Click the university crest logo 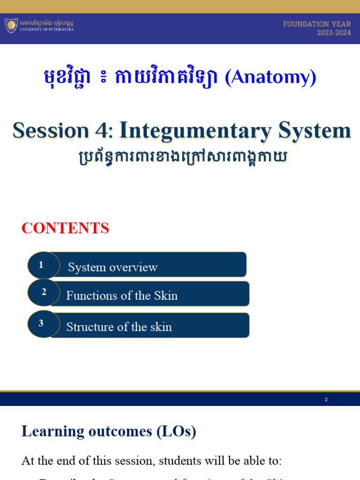click(x=11, y=25)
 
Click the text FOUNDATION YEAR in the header click(x=317, y=24)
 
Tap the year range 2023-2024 click(x=334, y=33)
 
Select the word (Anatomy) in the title click(x=270, y=77)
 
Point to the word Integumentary click(x=195, y=130)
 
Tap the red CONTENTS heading click(x=65, y=228)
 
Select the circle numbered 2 click(x=44, y=292)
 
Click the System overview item click(x=112, y=267)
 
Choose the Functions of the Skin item click(x=122, y=295)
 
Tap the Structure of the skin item click(x=119, y=327)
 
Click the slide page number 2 click(x=326, y=400)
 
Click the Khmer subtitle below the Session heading click(x=181, y=156)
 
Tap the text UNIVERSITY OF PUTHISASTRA click(x=46, y=29)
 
